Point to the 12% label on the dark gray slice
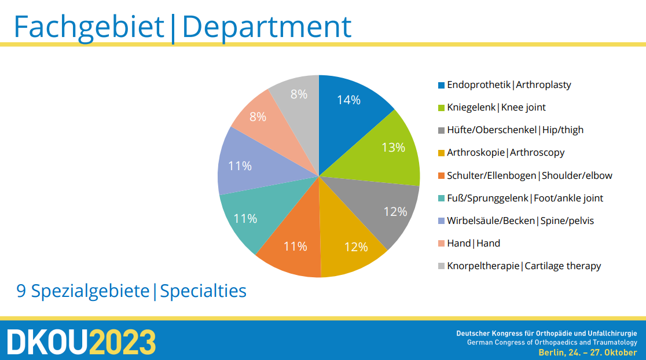[395, 212]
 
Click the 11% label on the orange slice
[295, 247]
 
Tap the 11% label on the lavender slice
[240, 166]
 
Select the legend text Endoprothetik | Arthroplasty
[509, 85]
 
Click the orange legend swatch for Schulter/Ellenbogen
[441, 176]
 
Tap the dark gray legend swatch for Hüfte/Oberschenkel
[441, 131]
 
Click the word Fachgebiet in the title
[89, 27]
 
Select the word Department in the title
[266, 27]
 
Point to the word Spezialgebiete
[90, 291]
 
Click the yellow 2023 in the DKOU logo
[123, 342]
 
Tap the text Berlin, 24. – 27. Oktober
[588, 352]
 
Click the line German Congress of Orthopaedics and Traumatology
[552, 342]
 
